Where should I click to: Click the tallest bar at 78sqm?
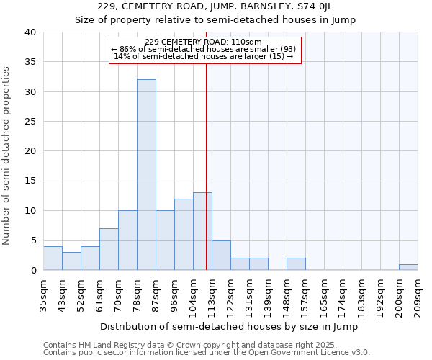146,174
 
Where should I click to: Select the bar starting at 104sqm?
202,231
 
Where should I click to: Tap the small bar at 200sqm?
408,267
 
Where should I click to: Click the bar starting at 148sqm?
296,264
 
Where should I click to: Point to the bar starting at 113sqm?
221,255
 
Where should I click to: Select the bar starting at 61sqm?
109,249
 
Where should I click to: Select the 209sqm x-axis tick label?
418,295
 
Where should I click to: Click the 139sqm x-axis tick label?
268,295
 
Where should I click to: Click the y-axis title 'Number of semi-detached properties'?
7,156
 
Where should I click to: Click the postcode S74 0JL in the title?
314,6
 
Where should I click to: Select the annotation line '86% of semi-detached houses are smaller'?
204,49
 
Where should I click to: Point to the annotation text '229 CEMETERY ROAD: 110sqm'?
203,42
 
